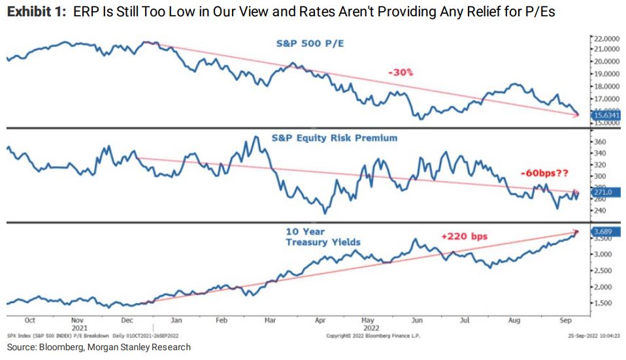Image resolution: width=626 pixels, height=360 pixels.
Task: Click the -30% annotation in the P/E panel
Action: (401, 73)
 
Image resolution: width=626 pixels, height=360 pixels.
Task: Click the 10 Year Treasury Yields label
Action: (323, 237)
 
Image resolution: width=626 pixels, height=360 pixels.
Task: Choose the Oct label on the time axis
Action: (29, 321)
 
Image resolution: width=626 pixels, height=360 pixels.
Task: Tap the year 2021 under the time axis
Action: (78, 327)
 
